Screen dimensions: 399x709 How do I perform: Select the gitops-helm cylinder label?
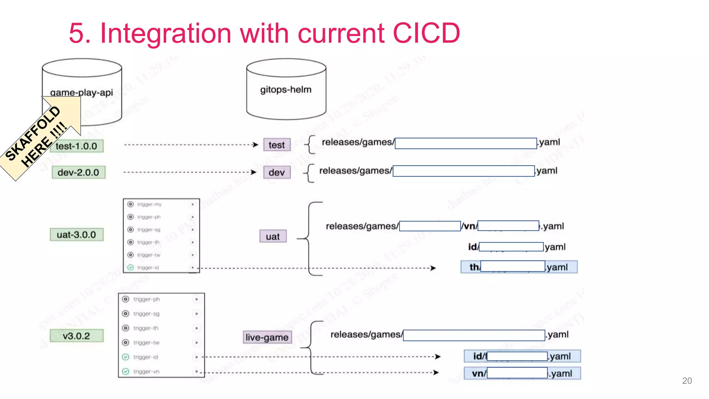[286, 90]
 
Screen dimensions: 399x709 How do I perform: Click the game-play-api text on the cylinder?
[81, 92]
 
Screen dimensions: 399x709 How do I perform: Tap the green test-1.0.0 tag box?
[77, 146]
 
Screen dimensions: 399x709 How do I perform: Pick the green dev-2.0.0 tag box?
[78, 172]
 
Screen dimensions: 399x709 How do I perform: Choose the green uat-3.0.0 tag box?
[77, 234]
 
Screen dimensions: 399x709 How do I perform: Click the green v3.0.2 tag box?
[77, 336]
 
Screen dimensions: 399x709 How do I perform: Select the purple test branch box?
[277, 145]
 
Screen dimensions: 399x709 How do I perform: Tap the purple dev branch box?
[277, 172]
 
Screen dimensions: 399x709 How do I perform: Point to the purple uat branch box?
[273, 236]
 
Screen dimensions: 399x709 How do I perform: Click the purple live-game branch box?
[267, 337]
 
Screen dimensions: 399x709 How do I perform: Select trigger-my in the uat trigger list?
[149, 204]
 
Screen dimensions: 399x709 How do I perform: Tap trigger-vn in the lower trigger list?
[146, 371]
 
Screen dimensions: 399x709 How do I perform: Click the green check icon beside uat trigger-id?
[131, 267]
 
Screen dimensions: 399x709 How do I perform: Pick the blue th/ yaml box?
[519, 267]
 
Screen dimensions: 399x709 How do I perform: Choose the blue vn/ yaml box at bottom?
[522, 373]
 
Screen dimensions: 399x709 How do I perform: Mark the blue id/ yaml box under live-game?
[522, 356]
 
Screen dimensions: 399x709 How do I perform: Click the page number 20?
[687, 381]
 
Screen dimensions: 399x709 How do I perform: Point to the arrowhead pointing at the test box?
[255, 145]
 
